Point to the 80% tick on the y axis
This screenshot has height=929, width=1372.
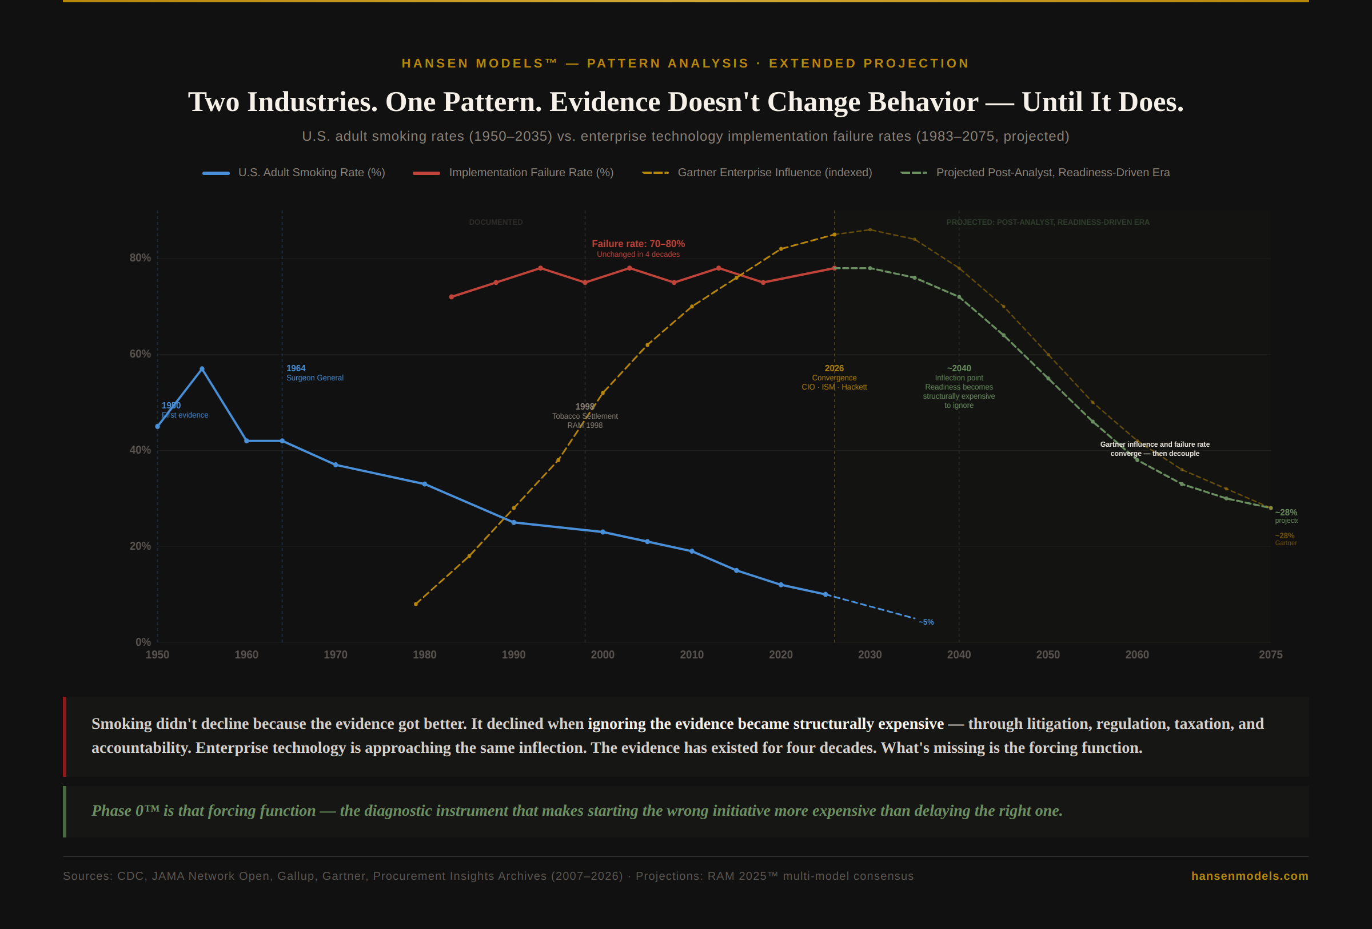(x=141, y=258)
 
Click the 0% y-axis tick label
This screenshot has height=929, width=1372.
(x=143, y=642)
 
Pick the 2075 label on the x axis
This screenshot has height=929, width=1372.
(x=1270, y=655)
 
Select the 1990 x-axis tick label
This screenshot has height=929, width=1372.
(x=513, y=655)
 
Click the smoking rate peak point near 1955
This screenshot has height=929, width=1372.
(x=202, y=369)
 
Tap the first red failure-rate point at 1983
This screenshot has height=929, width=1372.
(x=452, y=297)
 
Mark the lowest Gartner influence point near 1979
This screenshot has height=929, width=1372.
(x=416, y=604)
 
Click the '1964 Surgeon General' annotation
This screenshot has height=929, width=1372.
(x=314, y=373)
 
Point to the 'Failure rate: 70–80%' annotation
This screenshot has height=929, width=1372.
(x=638, y=244)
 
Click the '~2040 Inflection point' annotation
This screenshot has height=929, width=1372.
(x=959, y=378)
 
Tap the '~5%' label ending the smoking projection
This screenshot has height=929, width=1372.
(x=926, y=622)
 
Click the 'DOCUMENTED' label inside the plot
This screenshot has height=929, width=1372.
(x=496, y=223)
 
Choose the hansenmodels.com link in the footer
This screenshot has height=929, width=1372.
(x=1249, y=876)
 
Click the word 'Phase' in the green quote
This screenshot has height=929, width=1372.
(x=111, y=811)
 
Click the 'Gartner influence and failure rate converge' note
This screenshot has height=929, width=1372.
(x=1155, y=449)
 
